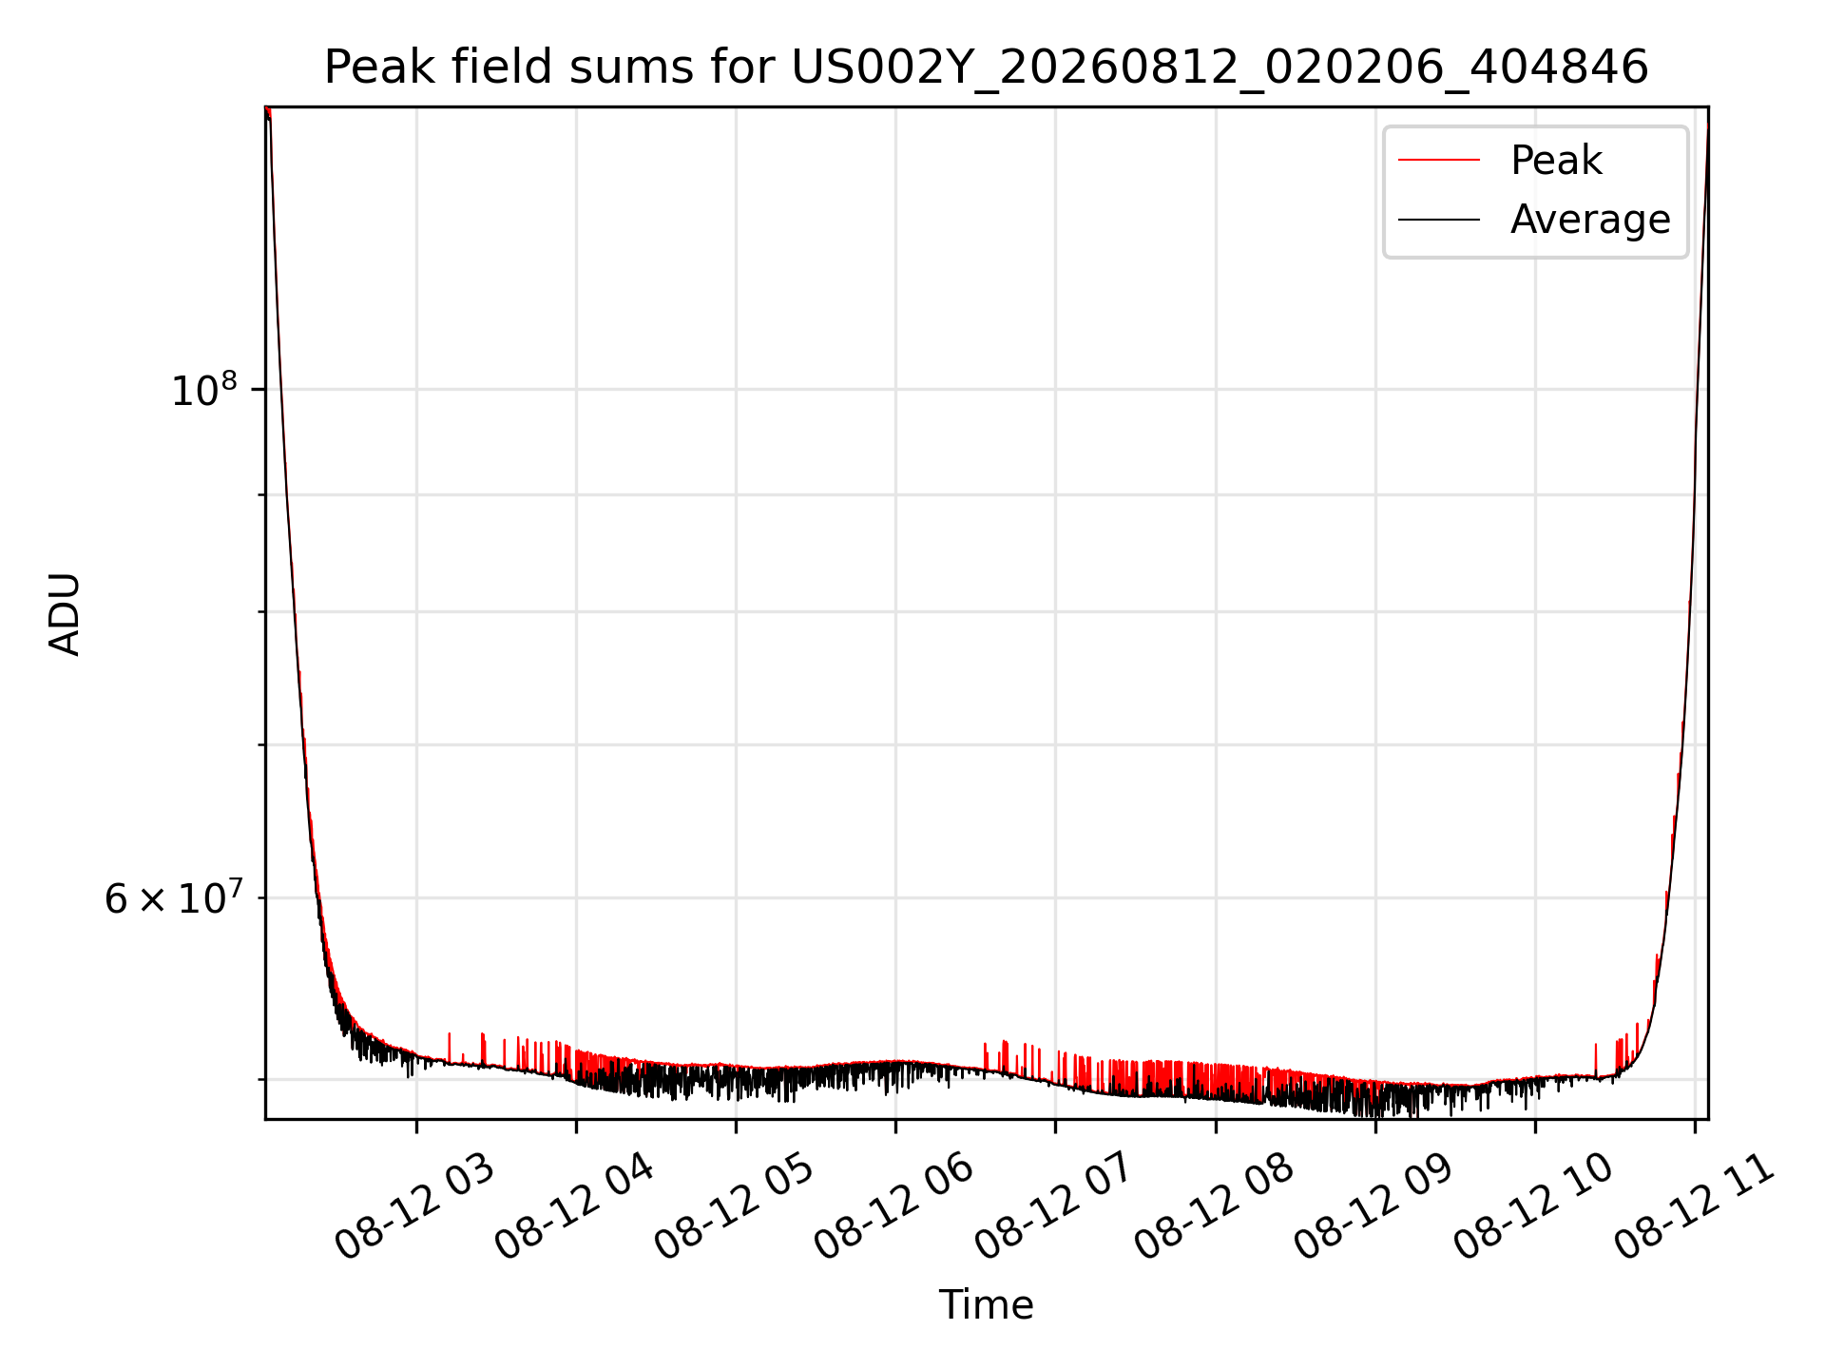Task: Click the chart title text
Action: (x=986, y=67)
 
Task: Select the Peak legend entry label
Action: (x=1556, y=161)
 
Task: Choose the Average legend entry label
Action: (x=1590, y=220)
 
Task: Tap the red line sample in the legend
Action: (x=1439, y=161)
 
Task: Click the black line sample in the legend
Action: (x=1439, y=220)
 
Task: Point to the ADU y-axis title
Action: (x=65, y=614)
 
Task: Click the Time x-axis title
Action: (x=986, y=1305)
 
